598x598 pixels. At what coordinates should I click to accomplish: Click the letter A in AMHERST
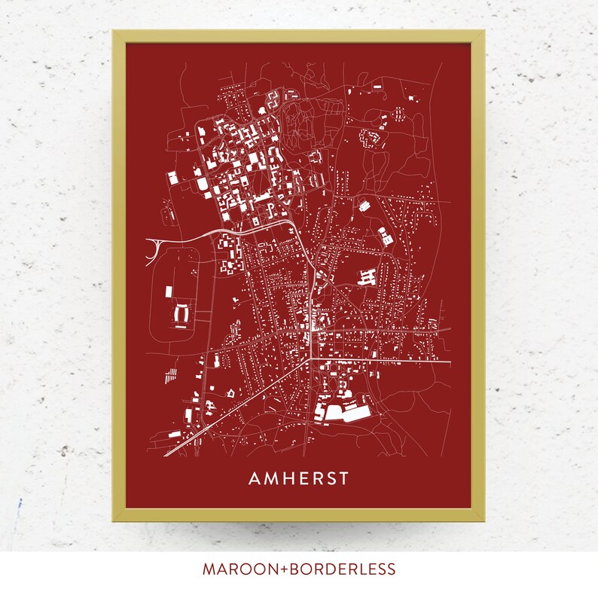(255, 479)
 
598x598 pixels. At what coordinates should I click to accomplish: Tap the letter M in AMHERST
(272, 479)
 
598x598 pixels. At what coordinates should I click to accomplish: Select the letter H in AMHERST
(290, 479)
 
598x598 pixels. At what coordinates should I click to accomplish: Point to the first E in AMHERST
(305, 479)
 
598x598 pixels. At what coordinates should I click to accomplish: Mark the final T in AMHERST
(346, 479)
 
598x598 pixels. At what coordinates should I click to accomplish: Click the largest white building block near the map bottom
(336, 412)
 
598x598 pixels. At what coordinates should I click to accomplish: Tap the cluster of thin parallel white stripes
(172, 372)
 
